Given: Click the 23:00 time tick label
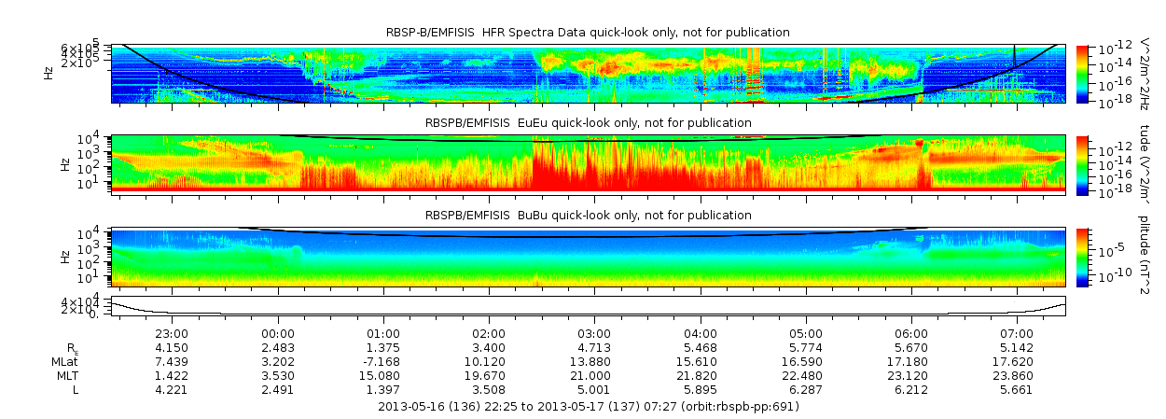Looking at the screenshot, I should pyautogui.click(x=173, y=333).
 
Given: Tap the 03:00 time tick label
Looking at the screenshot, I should pyautogui.click(x=595, y=333).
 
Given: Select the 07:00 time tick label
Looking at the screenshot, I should pyautogui.click(x=1017, y=333).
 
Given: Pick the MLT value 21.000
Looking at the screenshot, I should pyautogui.click(x=595, y=375).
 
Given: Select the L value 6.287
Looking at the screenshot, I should pyautogui.click(x=806, y=389).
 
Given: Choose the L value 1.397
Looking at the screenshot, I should pyautogui.click(x=383, y=389).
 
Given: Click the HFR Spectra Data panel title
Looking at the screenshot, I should pyautogui.click(x=588, y=33).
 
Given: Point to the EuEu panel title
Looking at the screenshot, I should pyautogui.click(x=588, y=123).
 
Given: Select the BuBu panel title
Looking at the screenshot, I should pyautogui.click(x=588, y=216).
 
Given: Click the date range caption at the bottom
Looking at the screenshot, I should pyautogui.click(x=589, y=407).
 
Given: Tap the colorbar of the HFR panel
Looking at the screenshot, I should pyautogui.click(x=1082, y=73).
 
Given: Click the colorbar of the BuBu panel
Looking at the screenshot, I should pyautogui.click(x=1082, y=256).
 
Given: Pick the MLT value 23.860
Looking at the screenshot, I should pyautogui.click(x=1017, y=375).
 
